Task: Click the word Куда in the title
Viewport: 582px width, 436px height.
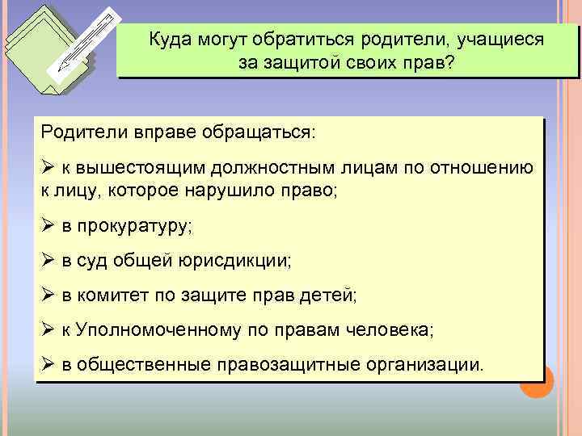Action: (x=169, y=39)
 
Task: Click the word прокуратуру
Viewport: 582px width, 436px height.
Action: (x=132, y=227)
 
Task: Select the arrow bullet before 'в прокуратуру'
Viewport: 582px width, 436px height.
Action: (x=46, y=227)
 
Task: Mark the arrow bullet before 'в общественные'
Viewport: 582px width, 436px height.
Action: (x=46, y=364)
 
